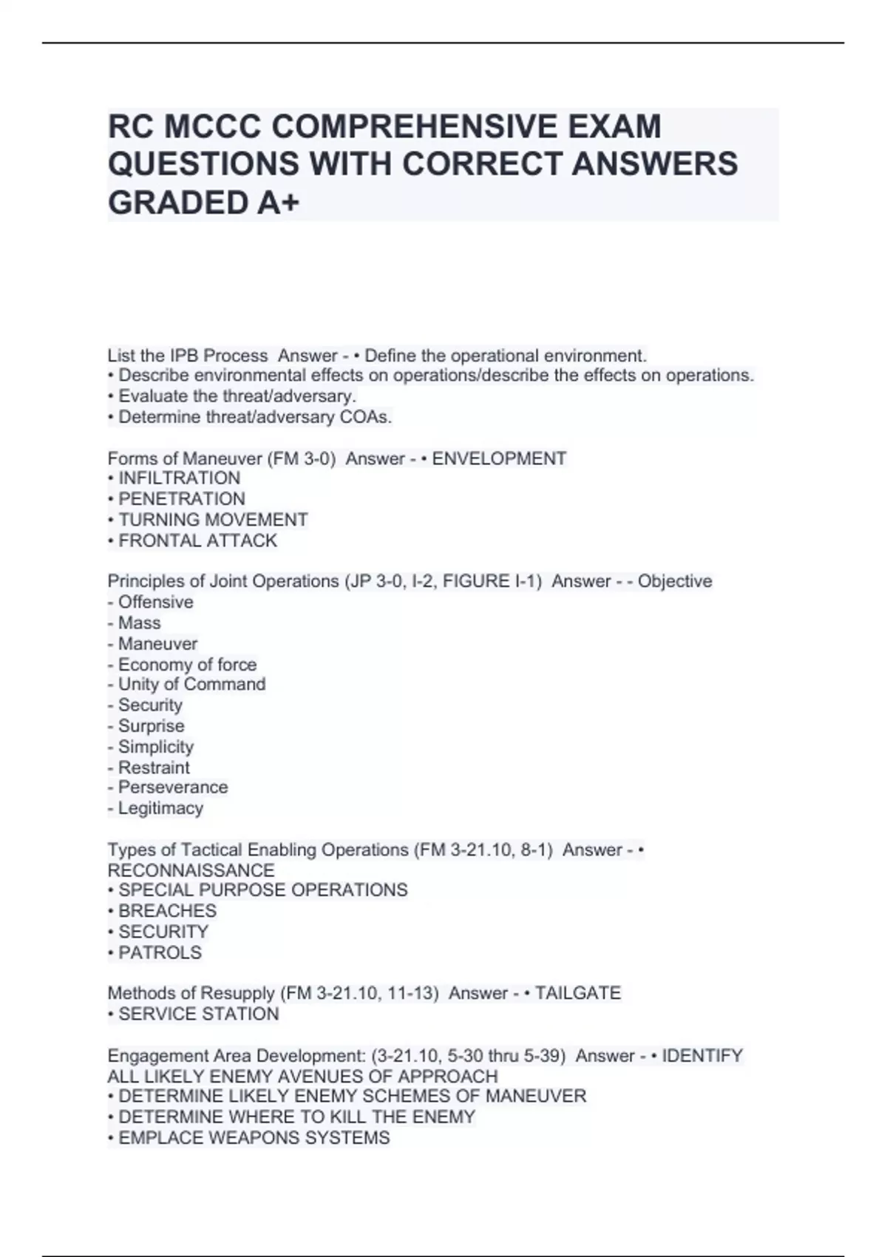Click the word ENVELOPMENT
tap(499, 458)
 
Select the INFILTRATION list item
tap(179, 478)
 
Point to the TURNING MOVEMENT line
tap(213, 520)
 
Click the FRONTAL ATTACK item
tap(197, 541)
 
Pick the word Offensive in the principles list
tap(155, 602)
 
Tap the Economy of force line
tap(187, 664)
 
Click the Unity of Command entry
tap(191, 684)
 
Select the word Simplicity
tap(155, 746)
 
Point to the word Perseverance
tap(173, 787)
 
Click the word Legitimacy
tap(160, 808)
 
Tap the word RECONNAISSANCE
tap(191, 870)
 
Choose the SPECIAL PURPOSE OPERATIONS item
tap(262, 890)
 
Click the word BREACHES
tap(167, 911)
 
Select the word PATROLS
tap(160, 952)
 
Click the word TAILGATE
tap(577, 993)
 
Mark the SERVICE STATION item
tap(198, 1014)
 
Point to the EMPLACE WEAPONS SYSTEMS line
tap(254, 1138)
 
